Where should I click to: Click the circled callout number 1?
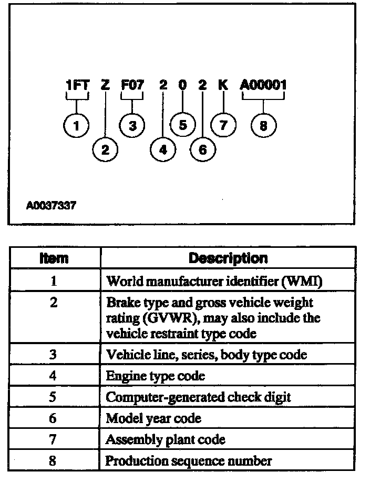pyautogui.click(x=77, y=126)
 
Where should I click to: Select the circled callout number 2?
pyautogui.click(x=105, y=150)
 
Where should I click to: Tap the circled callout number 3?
pyautogui.click(x=132, y=126)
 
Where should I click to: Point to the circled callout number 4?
pyautogui.click(x=163, y=150)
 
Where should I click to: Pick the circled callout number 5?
pyautogui.click(x=183, y=126)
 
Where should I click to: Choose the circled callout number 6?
pyautogui.click(x=203, y=150)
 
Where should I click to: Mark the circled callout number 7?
pyautogui.click(x=223, y=126)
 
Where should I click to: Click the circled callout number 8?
pyautogui.click(x=263, y=126)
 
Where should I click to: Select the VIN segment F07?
pyautogui.click(x=132, y=85)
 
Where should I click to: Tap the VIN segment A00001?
pyautogui.click(x=263, y=85)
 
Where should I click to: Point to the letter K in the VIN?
pyautogui.click(x=223, y=85)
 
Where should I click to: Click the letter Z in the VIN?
pyautogui.click(x=105, y=85)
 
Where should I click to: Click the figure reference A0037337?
pyautogui.click(x=50, y=206)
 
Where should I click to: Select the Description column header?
pyautogui.click(x=228, y=258)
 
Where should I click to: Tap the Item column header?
pyautogui.click(x=54, y=258)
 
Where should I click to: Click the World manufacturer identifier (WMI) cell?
pyautogui.click(x=214, y=281)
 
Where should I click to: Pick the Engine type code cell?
pyautogui.click(x=156, y=376)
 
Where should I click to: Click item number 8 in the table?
pyautogui.click(x=53, y=461)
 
